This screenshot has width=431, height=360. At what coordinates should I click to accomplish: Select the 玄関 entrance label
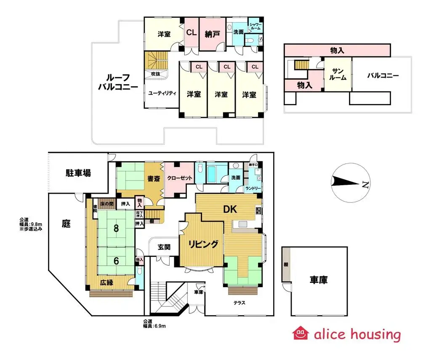(164, 247)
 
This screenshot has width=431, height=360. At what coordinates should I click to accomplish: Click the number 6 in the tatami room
(116, 260)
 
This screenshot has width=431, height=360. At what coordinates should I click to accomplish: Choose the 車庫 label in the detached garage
(319, 279)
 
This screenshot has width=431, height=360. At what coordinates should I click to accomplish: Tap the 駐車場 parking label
(78, 173)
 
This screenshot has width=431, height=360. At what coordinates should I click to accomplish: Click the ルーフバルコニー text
(118, 83)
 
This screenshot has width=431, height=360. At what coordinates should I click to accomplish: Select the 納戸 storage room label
(213, 34)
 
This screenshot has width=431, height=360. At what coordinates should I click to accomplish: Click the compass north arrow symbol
(349, 183)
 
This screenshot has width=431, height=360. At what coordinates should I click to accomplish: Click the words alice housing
(357, 334)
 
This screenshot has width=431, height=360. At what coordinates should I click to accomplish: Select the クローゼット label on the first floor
(180, 178)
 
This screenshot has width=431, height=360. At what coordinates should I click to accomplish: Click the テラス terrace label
(240, 302)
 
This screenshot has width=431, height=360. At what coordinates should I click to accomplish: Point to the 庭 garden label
(66, 224)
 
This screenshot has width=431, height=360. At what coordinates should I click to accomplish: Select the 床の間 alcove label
(106, 204)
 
